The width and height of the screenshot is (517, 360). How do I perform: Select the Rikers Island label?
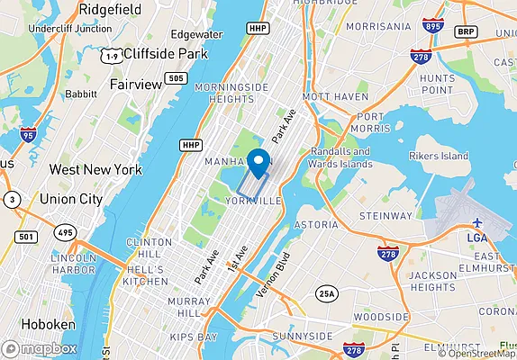point(440,156)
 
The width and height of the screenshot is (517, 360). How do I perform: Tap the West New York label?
point(95,169)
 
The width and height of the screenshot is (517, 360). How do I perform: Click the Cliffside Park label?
point(166,53)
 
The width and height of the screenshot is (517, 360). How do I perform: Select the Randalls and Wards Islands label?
point(341,157)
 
